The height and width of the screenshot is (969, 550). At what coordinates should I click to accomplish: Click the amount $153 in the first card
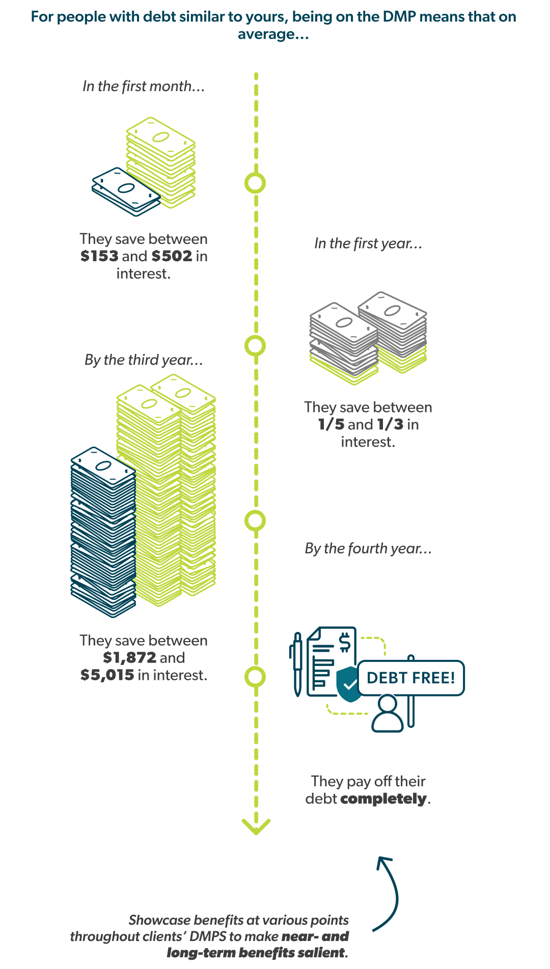click(x=99, y=256)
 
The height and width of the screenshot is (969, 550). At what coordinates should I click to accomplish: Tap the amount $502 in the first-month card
click(x=172, y=256)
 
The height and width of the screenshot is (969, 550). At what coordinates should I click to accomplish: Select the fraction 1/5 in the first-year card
click(x=331, y=424)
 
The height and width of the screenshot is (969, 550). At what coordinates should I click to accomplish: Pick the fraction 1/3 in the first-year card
click(x=390, y=424)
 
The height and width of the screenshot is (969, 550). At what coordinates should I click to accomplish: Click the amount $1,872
click(x=129, y=657)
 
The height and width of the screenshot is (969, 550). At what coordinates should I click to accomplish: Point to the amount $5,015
click(x=107, y=675)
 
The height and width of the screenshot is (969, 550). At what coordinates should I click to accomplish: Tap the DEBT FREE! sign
click(x=410, y=678)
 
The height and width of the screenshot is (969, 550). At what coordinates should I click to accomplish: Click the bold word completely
click(x=383, y=798)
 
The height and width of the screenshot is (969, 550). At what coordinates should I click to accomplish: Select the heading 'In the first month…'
click(x=144, y=87)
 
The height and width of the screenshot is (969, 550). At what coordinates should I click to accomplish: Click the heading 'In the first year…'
click(x=368, y=243)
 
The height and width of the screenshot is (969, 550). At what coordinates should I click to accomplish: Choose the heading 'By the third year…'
click(x=144, y=360)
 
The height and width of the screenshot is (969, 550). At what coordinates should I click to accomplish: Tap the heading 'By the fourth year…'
click(x=368, y=548)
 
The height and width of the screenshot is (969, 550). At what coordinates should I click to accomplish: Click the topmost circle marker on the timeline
click(x=255, y=183)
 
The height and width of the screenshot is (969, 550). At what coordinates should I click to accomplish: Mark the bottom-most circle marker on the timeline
click(x=255, y=677)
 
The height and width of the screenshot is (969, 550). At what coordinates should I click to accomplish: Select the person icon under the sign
click(x=388, y=714)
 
